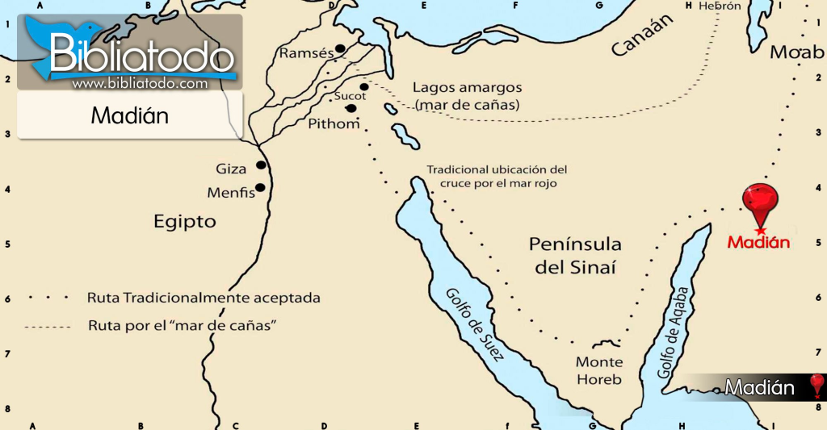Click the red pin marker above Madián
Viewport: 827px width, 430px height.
point(762,201)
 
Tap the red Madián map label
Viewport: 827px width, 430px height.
point(758,241)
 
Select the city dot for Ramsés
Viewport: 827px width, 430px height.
point(340,49)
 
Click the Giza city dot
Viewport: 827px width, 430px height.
point(261,165)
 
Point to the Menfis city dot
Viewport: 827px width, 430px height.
point(260,188)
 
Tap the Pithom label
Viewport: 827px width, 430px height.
point(334,124)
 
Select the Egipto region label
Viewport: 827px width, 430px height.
point(185,221)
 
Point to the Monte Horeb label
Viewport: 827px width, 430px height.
point(598,371)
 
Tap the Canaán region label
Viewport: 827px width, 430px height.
point(641,39)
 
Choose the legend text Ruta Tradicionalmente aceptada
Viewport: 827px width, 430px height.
point(204,298)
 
